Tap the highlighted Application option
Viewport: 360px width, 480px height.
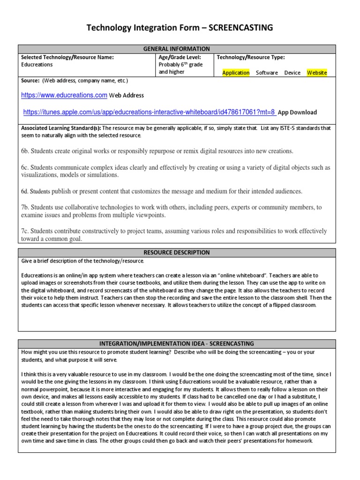236,73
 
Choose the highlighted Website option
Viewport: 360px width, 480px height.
317,73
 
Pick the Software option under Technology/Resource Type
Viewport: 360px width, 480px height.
267,73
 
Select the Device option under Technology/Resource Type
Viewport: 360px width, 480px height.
292,73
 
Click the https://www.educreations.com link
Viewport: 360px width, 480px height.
64,95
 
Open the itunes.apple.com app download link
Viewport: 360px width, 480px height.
149,112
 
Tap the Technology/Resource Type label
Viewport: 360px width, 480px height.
250,57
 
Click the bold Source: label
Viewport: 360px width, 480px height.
30,81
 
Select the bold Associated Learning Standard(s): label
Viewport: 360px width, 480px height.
61,128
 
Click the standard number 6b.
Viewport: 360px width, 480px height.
25,151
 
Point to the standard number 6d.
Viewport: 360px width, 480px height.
25,191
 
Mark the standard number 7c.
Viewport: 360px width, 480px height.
25,231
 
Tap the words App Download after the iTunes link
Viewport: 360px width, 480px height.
297,112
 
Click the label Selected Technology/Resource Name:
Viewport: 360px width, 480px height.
67,57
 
